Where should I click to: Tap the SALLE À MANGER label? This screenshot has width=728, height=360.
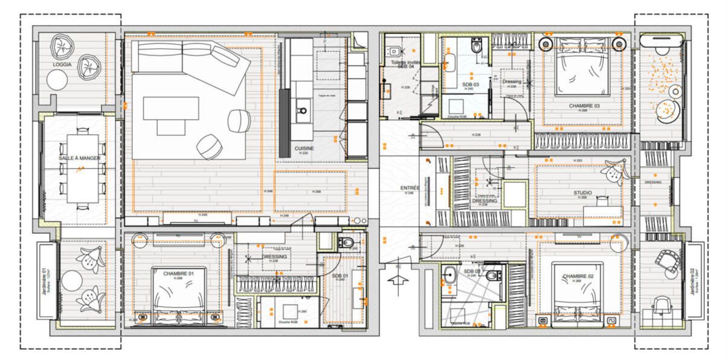pos(74,158)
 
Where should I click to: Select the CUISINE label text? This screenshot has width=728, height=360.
pos(304,148)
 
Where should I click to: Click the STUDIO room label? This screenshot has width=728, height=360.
pos(582,193)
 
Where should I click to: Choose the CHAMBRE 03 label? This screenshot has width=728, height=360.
pos(584,106)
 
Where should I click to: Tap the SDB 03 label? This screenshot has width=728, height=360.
pos(470,85)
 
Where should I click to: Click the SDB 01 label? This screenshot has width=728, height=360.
pos(340,275)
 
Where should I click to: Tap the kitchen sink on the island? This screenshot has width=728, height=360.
pos(303,111)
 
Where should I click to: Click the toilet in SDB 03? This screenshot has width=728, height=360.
pos(476,45)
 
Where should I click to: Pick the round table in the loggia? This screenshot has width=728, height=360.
pos(58,79)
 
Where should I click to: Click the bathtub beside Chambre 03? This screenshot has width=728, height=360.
pos(663,43)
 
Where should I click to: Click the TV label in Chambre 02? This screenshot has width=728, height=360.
pos(578,237)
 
